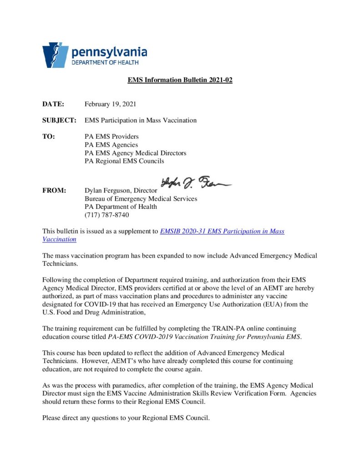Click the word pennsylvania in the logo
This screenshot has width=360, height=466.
coord(109,52)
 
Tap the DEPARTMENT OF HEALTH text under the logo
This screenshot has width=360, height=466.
coord(105,63)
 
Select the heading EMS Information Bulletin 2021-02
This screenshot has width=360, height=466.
coord(180,80)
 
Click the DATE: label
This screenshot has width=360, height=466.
coord(53,104)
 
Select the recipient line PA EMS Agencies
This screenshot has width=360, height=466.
coord(111,145)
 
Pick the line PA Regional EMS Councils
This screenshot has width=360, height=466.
coord(124,161)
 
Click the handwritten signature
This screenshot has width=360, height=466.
coord(196,183)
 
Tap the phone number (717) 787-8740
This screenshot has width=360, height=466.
coord(107,215)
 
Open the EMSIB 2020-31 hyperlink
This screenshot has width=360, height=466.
coord(222,231)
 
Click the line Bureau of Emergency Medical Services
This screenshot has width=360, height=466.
coord(141,199)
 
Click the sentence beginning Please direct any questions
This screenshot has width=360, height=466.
coord(126,418)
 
